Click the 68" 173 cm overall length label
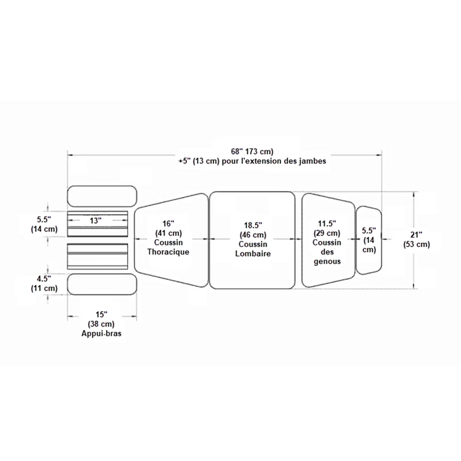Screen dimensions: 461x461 [x=252, y=151]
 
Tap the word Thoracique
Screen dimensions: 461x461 [x=168, y=252]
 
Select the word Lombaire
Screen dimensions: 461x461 [x=253, y=254]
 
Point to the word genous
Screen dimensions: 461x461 [x=327, y=261]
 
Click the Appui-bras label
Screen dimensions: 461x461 [x=101, y=333]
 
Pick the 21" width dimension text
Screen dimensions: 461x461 [x=417, y=234]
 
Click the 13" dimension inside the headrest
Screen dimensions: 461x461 [x=95, y=220]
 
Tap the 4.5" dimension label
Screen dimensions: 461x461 [x=44, y=279]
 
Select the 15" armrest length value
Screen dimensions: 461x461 [x=101, y=314]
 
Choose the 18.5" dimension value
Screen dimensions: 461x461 [x=253, y=225]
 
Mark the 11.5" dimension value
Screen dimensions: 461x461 [x=327, y=223]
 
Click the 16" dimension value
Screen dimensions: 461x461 [x=168, y=224]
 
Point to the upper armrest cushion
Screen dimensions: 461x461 [x=102, y=196]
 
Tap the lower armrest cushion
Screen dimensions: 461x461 [x=102, y=285]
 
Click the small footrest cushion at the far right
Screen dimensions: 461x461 [x=369, y=240]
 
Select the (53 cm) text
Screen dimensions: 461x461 [x=417, y=244]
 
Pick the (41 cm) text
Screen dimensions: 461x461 [x=169, y=233]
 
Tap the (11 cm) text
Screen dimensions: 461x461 [x=44, y=288]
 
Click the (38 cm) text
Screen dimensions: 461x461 [x=101, y=324]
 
